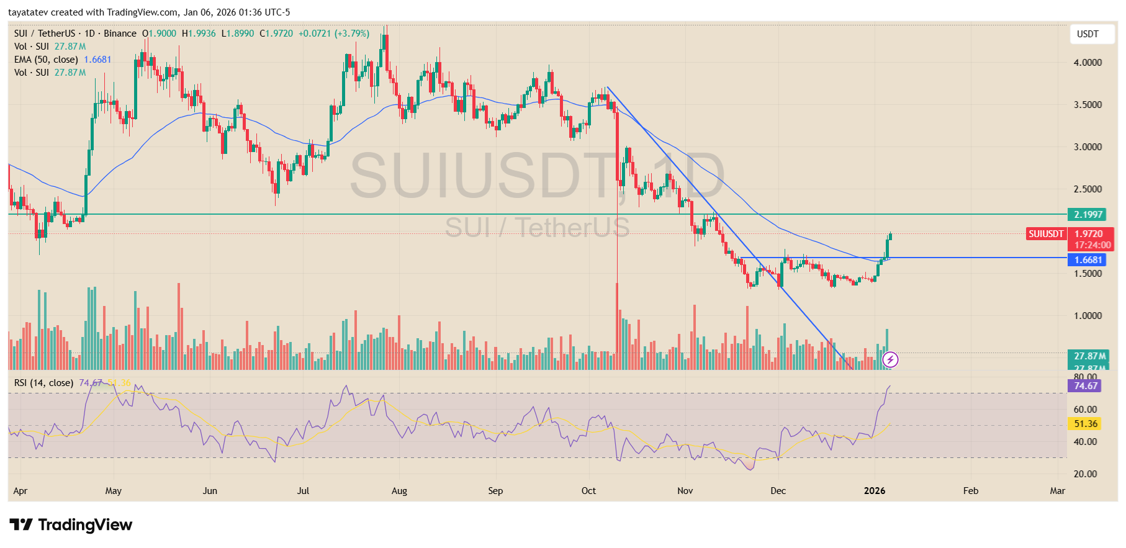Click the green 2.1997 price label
tap(1088, 215)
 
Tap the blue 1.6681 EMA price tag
tap(1088, 260)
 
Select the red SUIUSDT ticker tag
tap(1045, 234)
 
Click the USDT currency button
tap(1087, 34)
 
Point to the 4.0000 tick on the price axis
tap(1088, 63)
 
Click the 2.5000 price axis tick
tap(1088, 189)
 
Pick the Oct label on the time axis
tap(588, 491)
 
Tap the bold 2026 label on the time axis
tap(874, 491)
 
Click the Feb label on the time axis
tap(970, 491)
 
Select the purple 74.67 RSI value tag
tap(1085, 386)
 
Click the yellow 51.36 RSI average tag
tap(1085, 424)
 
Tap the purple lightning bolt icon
tap(890, 359)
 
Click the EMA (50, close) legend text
tap(46, 60)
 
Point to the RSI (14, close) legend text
tap(43, 383)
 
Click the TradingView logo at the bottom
tap(71, 525)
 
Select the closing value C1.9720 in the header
tap(276, 34)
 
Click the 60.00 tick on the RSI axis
tap(1085, 410)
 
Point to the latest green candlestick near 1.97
tap(890, 236)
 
